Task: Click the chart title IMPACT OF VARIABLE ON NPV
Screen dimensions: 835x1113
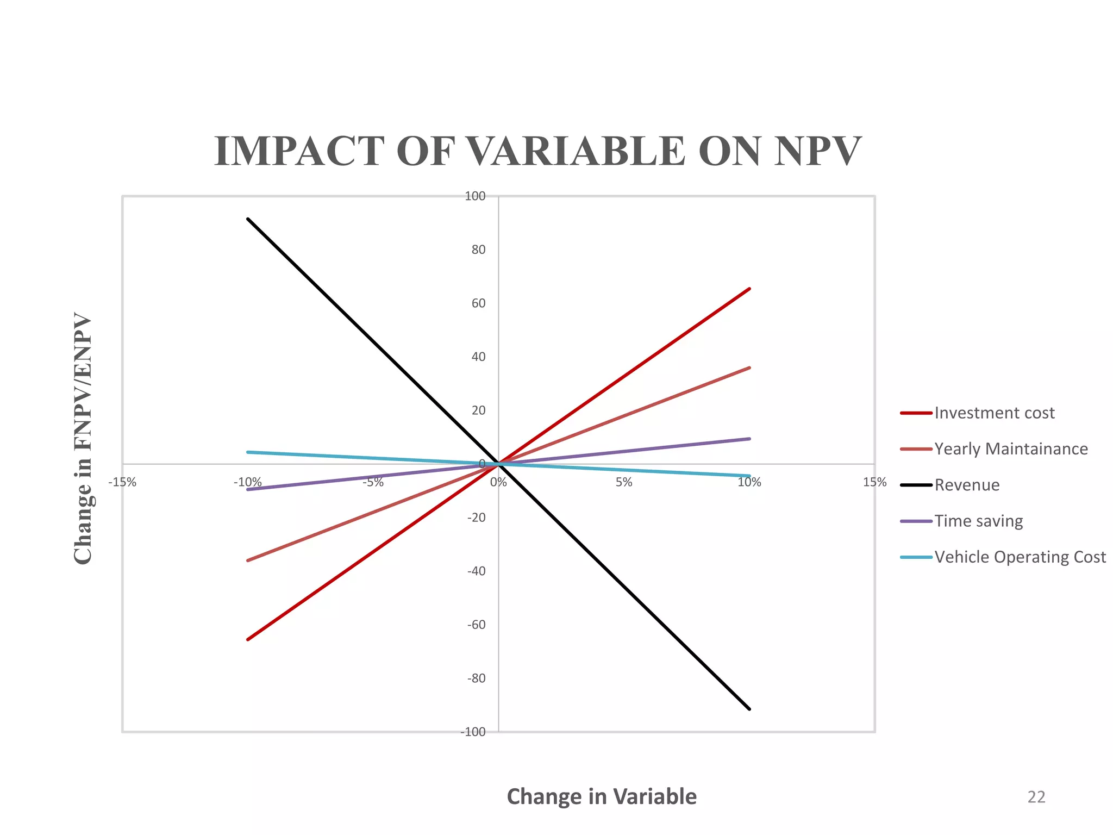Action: pos(537,151)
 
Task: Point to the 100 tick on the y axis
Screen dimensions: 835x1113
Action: pos(475,196)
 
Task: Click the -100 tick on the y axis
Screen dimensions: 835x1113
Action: pos(473,732)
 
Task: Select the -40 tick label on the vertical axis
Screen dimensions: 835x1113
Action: pos(476,571)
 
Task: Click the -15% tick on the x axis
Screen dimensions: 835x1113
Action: pos(122,483)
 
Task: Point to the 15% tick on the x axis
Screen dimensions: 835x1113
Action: pos(874,482)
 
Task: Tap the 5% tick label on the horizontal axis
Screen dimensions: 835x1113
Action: pos(624,482)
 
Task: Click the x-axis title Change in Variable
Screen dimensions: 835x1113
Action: pos(602,796)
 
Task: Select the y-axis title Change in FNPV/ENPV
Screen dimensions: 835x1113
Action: pos(83,438)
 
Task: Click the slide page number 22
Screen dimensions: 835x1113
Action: pos(1036,797)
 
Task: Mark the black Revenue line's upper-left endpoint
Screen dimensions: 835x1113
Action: pos(248,219)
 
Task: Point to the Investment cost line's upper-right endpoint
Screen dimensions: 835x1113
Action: pos(750,289)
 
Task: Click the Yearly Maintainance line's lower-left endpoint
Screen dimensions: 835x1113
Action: pos(248,560)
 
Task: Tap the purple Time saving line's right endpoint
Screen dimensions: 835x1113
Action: pos(750,439)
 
